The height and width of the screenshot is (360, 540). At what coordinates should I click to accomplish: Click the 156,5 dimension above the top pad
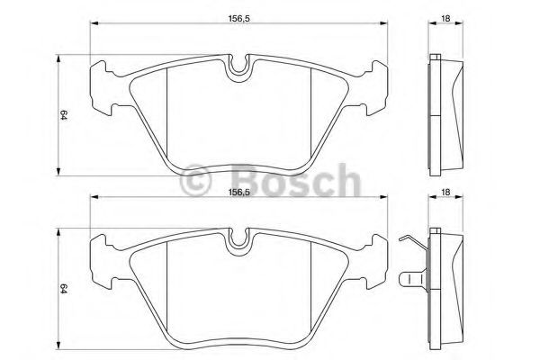click(x=238, y=19)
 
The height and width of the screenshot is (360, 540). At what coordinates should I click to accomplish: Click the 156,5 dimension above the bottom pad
click(x=238, y=193)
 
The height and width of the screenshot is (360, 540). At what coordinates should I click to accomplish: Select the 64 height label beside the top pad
click(x=63, y=114)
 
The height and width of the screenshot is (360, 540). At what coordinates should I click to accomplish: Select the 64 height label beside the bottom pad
click(x=63, y=288)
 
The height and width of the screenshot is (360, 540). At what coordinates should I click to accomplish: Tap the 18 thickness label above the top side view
click(x=445, y=19)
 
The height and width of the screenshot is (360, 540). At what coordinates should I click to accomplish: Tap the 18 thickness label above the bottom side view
click(x=445, y=193)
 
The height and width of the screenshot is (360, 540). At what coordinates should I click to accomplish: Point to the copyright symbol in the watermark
click(x=195, y=181)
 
